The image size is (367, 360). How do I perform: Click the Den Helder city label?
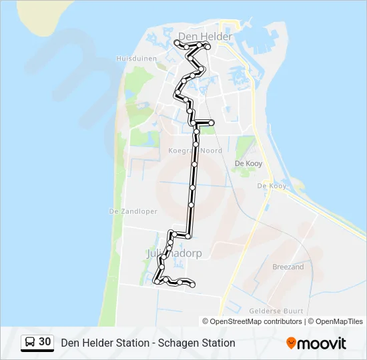[206, 37]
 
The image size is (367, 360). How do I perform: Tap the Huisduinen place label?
[136, 59]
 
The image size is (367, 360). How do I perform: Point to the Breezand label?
[288, 267]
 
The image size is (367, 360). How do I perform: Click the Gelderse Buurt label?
[276, 311]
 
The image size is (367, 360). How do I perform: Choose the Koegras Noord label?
[196, 151]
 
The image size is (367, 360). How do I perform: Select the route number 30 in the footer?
[45, 342]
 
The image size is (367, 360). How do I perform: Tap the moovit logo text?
[322, 343]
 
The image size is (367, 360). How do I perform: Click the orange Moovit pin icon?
[291, 343]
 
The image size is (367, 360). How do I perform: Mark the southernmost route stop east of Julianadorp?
[193, 285]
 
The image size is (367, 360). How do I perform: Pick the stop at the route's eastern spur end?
[212, 123]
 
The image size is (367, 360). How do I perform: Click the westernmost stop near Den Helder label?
[177, 43]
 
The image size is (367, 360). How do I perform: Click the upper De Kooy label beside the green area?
[248, 163]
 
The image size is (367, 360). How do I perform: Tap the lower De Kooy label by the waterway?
[272, 186]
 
